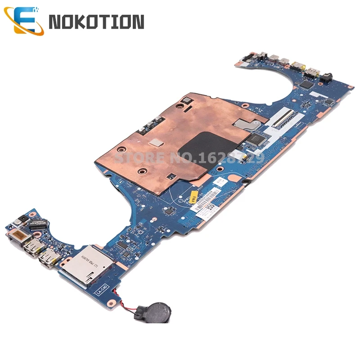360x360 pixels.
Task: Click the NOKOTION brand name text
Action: point(96,22)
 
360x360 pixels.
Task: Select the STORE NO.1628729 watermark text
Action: point(189,158)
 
